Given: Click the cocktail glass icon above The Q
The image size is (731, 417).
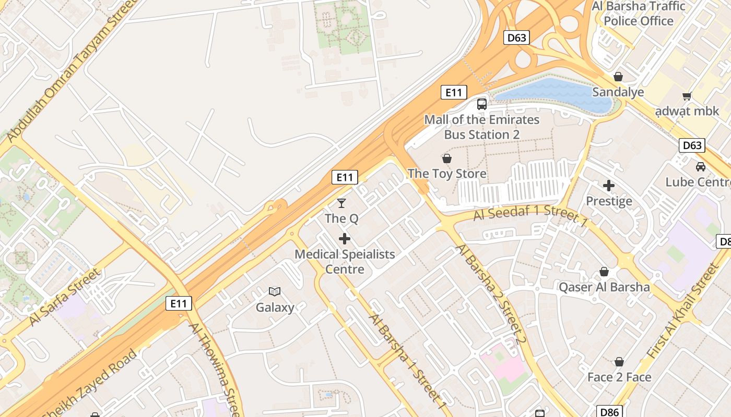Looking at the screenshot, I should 341,203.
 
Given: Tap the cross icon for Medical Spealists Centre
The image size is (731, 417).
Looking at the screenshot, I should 345,239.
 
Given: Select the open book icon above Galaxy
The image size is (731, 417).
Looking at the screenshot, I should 275,291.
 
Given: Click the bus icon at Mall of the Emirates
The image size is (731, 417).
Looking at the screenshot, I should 482,104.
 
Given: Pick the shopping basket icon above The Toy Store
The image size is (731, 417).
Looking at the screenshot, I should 447,158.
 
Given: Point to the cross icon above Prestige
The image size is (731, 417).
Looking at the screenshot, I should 609,185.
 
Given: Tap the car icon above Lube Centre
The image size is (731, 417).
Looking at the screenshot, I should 701,166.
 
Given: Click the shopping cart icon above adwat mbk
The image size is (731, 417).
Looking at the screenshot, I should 687,96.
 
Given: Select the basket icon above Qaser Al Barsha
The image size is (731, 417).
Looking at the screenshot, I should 604,272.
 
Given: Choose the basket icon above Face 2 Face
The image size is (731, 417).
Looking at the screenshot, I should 619,362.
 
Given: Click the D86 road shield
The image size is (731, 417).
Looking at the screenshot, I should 610,412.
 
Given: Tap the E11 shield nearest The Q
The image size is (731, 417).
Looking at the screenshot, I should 345,177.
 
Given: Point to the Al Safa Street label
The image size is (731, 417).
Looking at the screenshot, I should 64,297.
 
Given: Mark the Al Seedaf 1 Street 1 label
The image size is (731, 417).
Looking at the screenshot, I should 530,213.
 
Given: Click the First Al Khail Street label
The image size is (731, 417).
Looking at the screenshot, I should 683,311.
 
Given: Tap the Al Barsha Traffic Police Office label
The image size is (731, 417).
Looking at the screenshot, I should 639,14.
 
